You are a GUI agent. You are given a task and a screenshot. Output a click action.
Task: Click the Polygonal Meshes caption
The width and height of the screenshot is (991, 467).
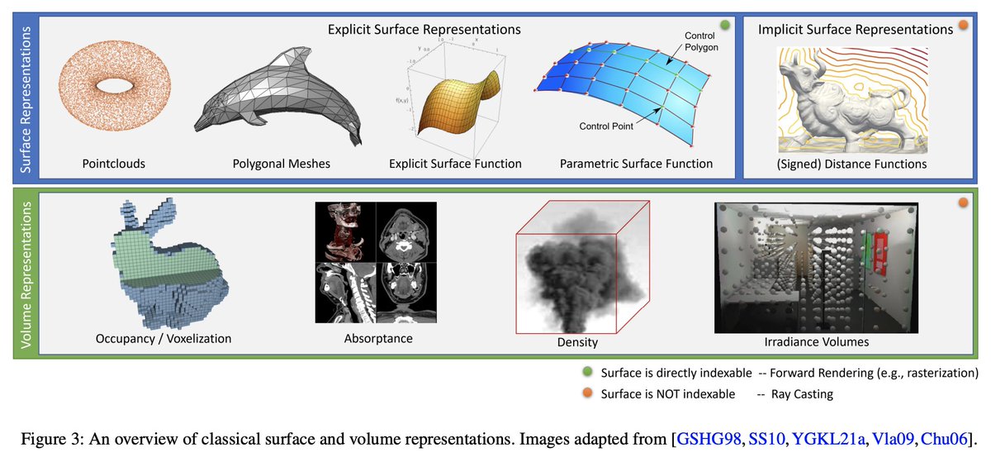[x=282, y=164]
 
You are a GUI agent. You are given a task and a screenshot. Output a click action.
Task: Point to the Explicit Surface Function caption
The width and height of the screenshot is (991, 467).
[x=455, y=164]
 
